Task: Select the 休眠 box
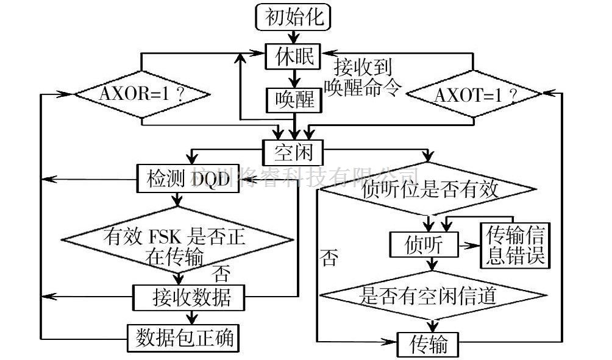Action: (293, 57)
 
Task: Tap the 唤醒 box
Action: (293, 100)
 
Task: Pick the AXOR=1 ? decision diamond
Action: (142, 95)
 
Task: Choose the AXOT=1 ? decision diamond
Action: (474, 95)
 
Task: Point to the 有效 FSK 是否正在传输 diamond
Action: (177, 244)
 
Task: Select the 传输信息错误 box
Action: (514, 244)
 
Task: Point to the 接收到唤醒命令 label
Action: (363, 76)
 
